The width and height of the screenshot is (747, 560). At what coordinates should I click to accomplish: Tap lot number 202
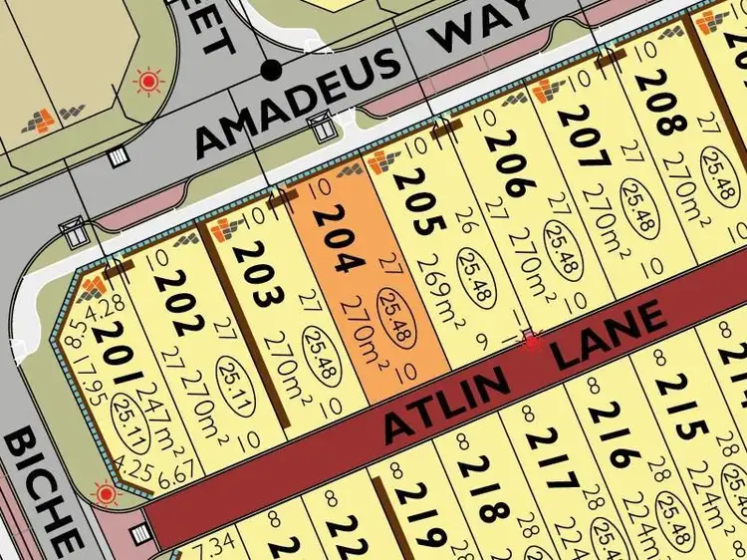[x=175, y=296]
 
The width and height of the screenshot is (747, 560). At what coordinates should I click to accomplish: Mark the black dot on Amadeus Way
[x=270, y=70]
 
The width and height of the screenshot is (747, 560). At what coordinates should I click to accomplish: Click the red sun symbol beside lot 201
[x=106, y=493]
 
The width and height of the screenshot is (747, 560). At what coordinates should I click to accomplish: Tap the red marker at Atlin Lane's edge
[x=531, y=341]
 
